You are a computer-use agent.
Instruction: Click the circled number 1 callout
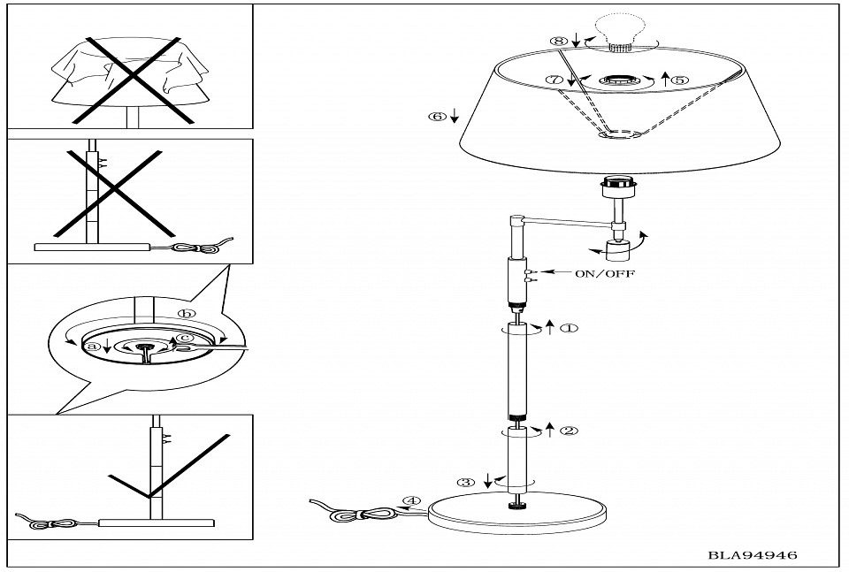click(569, 328)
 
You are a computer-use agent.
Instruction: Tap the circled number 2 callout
click(569, 431)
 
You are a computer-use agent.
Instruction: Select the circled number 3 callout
click(466, 483)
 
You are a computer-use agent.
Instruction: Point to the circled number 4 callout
click(409, 500)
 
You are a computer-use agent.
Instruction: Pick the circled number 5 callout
click(679, 80)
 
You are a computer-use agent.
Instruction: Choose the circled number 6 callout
click(437, 116)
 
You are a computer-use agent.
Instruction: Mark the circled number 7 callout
click(555, 80)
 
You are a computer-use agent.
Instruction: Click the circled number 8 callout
click(557, 41)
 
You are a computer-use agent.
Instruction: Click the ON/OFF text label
click(604, 274)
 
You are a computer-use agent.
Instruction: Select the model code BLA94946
click(753, 555)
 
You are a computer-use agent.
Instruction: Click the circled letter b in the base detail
click(185, 314)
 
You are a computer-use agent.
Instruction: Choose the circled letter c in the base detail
click(185, 337)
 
